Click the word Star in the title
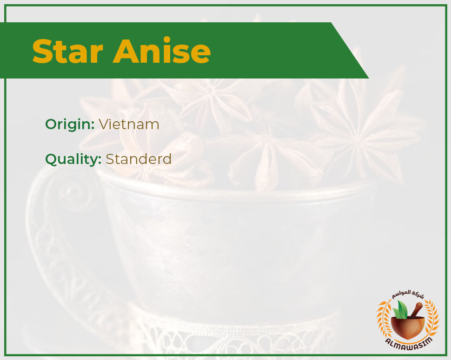click(67, 52)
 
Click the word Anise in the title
click(162, 50)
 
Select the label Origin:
click(70, 124)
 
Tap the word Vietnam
click(129, 124)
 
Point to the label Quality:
click(73, 159)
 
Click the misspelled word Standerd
click(139, 159)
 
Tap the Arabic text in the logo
click(408, 294)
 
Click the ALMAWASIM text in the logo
click(408, 344)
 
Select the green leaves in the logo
click(401, 310)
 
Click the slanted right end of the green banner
click(350, 50)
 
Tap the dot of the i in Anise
click(166, 39)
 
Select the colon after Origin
click(93, 124)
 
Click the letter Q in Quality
click(51, 159)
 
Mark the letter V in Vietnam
click(105, 124)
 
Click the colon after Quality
click(99, 160)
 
